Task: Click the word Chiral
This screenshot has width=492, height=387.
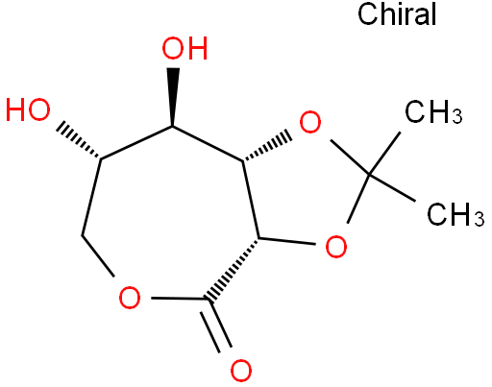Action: pos(397,13)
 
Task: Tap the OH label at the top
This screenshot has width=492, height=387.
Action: pos(184,49)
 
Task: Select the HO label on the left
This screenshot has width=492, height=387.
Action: pos(28,109)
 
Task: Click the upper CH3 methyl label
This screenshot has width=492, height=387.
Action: pos(433,112)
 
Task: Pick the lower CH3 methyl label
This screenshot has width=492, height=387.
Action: pos(455,214)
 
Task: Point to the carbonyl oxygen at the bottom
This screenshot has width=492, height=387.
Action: pos(241,371)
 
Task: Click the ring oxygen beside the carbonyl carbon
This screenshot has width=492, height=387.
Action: pos(130,298)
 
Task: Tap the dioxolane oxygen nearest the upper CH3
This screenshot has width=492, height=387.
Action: pos(310,122)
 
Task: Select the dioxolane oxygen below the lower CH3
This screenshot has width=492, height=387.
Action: pos(336,247)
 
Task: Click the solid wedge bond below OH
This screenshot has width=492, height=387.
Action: pos(173,97)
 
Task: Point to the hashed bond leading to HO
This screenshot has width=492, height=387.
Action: pos(79,140)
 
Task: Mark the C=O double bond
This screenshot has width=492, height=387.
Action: pos(215,326)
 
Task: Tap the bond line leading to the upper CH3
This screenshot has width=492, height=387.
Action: pos(384,154)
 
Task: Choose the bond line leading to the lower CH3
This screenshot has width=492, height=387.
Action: pos(392,188)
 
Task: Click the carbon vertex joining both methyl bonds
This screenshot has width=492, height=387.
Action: pos(369,175)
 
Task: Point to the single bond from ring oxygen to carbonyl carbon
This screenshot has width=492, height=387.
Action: pos(181,299)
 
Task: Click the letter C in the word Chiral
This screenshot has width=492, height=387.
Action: pos(367,14)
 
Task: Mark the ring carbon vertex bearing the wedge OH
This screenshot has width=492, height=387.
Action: pos(173,127)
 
